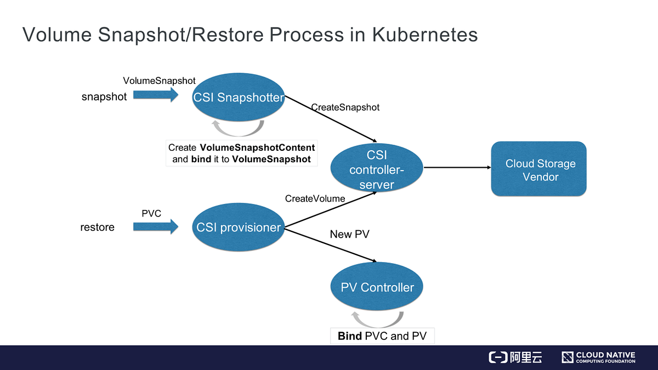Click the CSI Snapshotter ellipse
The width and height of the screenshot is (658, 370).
(x=238, y=97)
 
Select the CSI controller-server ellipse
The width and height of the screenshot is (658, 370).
(x=377, y=168)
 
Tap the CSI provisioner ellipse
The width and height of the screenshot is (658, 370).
(x=238, y=227)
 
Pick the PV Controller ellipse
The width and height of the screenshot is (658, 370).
(x=377, y=286)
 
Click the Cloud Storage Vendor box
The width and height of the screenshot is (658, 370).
(x=538, y=169)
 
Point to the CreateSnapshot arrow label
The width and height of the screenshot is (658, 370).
(x=345, y=107)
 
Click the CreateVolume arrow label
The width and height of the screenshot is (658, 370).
(x=315, y=198)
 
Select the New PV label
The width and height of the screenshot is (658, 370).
(x=350, y=234)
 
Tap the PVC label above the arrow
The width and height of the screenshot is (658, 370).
(x=151, y=213)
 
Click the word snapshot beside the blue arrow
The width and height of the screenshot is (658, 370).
(x=104, y=96)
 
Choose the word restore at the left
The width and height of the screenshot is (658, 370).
(x=97, y=227)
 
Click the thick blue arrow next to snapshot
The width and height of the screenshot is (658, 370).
(x=156, y=95)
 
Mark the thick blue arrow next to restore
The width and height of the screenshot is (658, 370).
(x=156, y=227)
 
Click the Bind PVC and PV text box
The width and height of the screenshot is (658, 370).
(x=382, y=336)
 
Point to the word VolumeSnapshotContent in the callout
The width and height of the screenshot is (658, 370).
(x=257, y=147)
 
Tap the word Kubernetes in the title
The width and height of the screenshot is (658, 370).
(x=425, y=35)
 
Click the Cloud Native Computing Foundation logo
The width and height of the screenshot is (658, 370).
(x=598, y=357)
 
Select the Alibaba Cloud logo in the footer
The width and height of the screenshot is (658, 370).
(x=515, y=357)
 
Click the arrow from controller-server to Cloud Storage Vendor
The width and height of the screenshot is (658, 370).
(x=457, y=167)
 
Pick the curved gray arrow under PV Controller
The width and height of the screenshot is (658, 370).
(x=378, y=325)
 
